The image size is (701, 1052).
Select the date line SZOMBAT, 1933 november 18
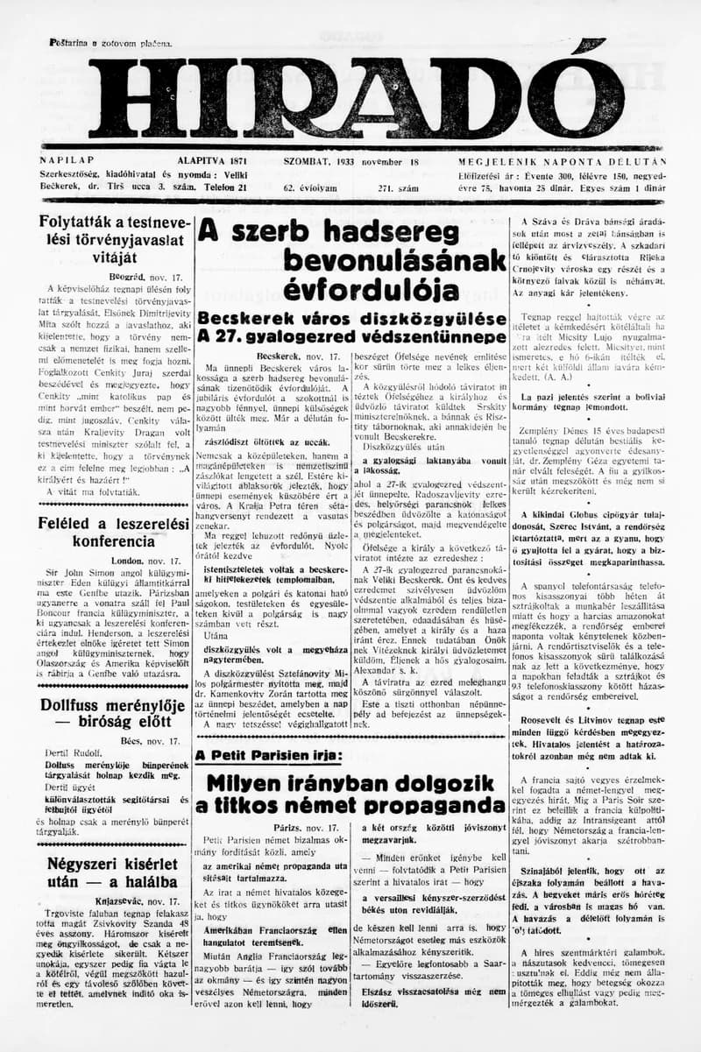pyautogui.click(x=351, y=162)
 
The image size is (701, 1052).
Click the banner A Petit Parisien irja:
pyautogui.click(x=268, y=755)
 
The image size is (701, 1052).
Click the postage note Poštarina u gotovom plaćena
pyautogui.click(x=110, y=43)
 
